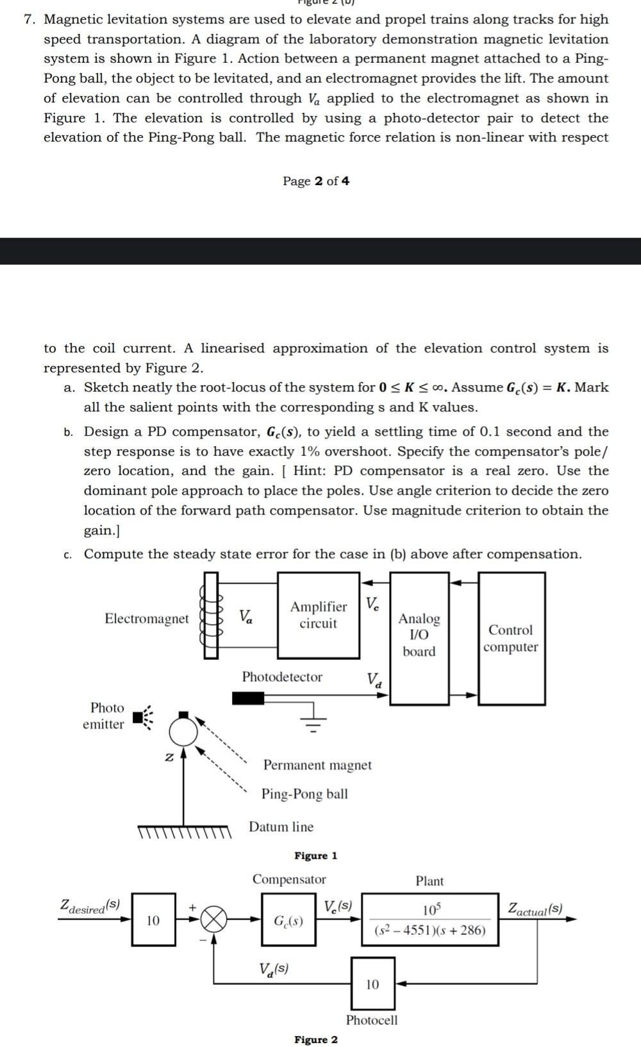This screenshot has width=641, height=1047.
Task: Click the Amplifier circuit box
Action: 318,615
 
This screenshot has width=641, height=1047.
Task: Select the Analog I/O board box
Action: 419,638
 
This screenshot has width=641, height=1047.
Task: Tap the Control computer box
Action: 512,638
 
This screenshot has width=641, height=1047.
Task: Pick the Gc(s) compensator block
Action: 288,920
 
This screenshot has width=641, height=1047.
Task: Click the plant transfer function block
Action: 429,919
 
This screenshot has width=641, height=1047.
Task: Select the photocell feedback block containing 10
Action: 372,984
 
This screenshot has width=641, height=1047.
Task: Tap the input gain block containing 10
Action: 153,920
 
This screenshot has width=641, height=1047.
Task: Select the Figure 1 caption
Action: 315,856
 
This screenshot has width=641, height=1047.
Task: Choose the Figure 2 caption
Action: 315,1039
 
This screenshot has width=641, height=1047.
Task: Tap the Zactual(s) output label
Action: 535,909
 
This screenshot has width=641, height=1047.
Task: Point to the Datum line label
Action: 281,827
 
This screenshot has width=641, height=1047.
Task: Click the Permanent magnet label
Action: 317,765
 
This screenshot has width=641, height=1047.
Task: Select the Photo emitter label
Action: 104,716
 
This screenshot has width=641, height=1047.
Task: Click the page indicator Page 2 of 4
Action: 316,181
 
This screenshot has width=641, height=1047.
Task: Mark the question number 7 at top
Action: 29,19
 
